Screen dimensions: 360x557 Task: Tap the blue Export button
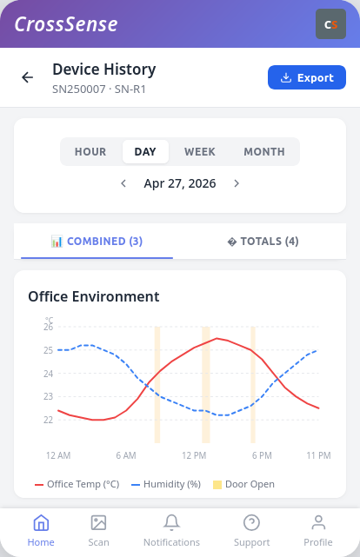(x=307, y=77)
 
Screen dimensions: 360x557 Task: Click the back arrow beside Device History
(x=27, y=77)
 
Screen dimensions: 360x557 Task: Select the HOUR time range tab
(x=90, y=152)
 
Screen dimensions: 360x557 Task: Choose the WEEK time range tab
(x=200, y=152)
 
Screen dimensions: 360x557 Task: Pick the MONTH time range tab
(x=264, y=152)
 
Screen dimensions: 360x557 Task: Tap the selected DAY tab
(x=145, y=152)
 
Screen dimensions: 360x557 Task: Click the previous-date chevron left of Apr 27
(x=123, y=183)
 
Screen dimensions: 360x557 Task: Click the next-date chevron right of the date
(x=237, y=183)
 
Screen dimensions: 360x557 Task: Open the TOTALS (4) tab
(x=263, y=242)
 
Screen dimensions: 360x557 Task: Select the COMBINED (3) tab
(x=97, y=242)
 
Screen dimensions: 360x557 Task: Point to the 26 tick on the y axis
(x=49, y=328)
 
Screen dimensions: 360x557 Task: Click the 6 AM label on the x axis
(x=126, y=455)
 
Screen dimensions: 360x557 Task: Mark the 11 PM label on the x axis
(x=318, y=455)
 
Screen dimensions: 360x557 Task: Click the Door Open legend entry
(x=243, y=484)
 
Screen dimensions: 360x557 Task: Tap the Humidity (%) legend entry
(x=166, y=484)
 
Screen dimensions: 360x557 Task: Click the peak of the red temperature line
(x=217, y=338)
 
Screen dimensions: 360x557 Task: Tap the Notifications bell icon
(x=171, y=522)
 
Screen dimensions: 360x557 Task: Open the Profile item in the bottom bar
(x=318, y=531)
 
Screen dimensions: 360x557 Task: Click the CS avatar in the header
(x=330, y=23)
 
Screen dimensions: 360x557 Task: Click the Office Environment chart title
(x=94, y=296)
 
